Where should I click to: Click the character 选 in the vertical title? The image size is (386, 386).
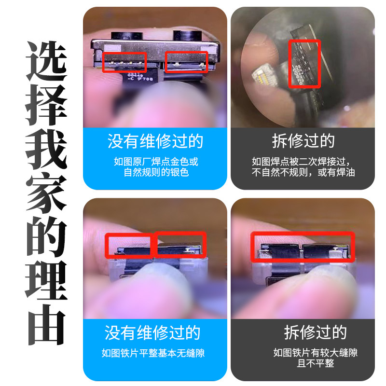pyautogui.click(x=46, y=61)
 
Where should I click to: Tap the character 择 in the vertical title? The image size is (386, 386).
pyautogui.click(x=46, y=105)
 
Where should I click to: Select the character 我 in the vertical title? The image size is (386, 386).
pyautogui.click(x=46, y=149)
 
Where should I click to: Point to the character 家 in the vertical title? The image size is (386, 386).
pyautogui.click(x=46, y=193)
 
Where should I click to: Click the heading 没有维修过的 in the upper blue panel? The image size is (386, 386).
pyautogui.click(x=155, y=141)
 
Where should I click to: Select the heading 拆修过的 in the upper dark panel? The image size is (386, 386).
pyautogui.click(x=303, y=141)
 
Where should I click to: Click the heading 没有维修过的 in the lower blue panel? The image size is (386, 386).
pyautogui.click(x=152, y=332)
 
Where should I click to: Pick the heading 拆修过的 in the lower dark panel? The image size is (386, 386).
pyautogui.click(x=316, y=332)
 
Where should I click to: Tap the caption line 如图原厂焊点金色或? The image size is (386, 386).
pyautogui.click(x=156, y=162)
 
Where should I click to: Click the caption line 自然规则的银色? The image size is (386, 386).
pyautogui.click(x=156, y=172)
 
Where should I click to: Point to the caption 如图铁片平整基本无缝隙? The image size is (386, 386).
pyautogui.click(x=153, y=353)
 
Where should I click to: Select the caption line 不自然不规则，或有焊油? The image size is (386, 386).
pyautogui.click(x=303, y=172)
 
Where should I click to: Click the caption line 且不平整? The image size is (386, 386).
pyautogui.click(x=316, y=363)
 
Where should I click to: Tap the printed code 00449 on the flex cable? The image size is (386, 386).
pyautogui.click(x=135, y=75)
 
